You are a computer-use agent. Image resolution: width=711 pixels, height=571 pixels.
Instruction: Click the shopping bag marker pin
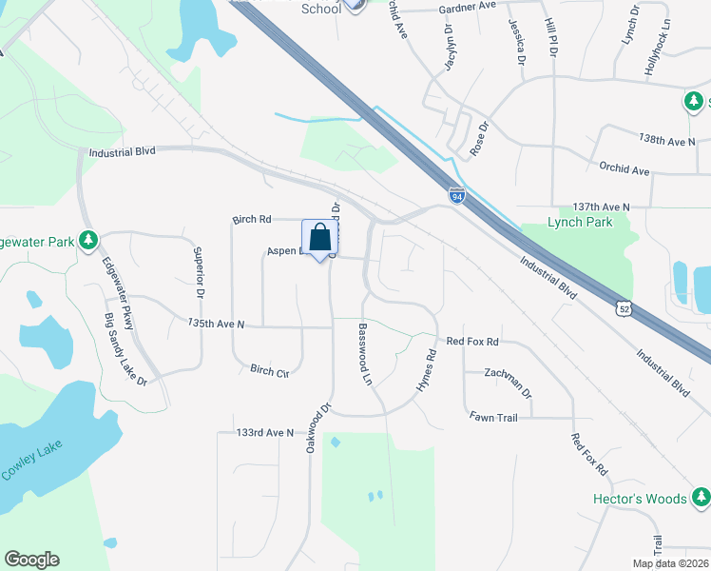pyautogui.click(x=320, y=238)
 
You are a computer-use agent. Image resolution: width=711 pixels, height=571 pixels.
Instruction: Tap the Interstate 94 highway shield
pyautogui.click(x=457, y=196)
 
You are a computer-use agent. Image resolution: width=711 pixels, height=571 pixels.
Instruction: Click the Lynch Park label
pyautogui.click(x=580, y=223)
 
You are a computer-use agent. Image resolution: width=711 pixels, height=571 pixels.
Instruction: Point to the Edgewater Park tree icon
pyautogui.click(x=88, y=240)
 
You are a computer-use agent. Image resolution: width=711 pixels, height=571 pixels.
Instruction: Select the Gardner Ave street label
pyautogui.click(x=469, y=6)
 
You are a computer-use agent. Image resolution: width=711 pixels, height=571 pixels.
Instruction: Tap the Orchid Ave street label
pyautogui.click(x=624, y=170)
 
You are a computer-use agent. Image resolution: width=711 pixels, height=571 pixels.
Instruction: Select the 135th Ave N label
pyautogui.click(x=216, y=325)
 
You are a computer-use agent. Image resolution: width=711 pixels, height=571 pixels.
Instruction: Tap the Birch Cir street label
pyautogui.click(x=269, y=370)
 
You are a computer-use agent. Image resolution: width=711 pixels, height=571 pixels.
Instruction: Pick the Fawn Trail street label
pyautogui.click(x=492, y=416)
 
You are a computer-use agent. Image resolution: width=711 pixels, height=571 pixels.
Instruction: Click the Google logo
pyautogui.click(x=31, y=560)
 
